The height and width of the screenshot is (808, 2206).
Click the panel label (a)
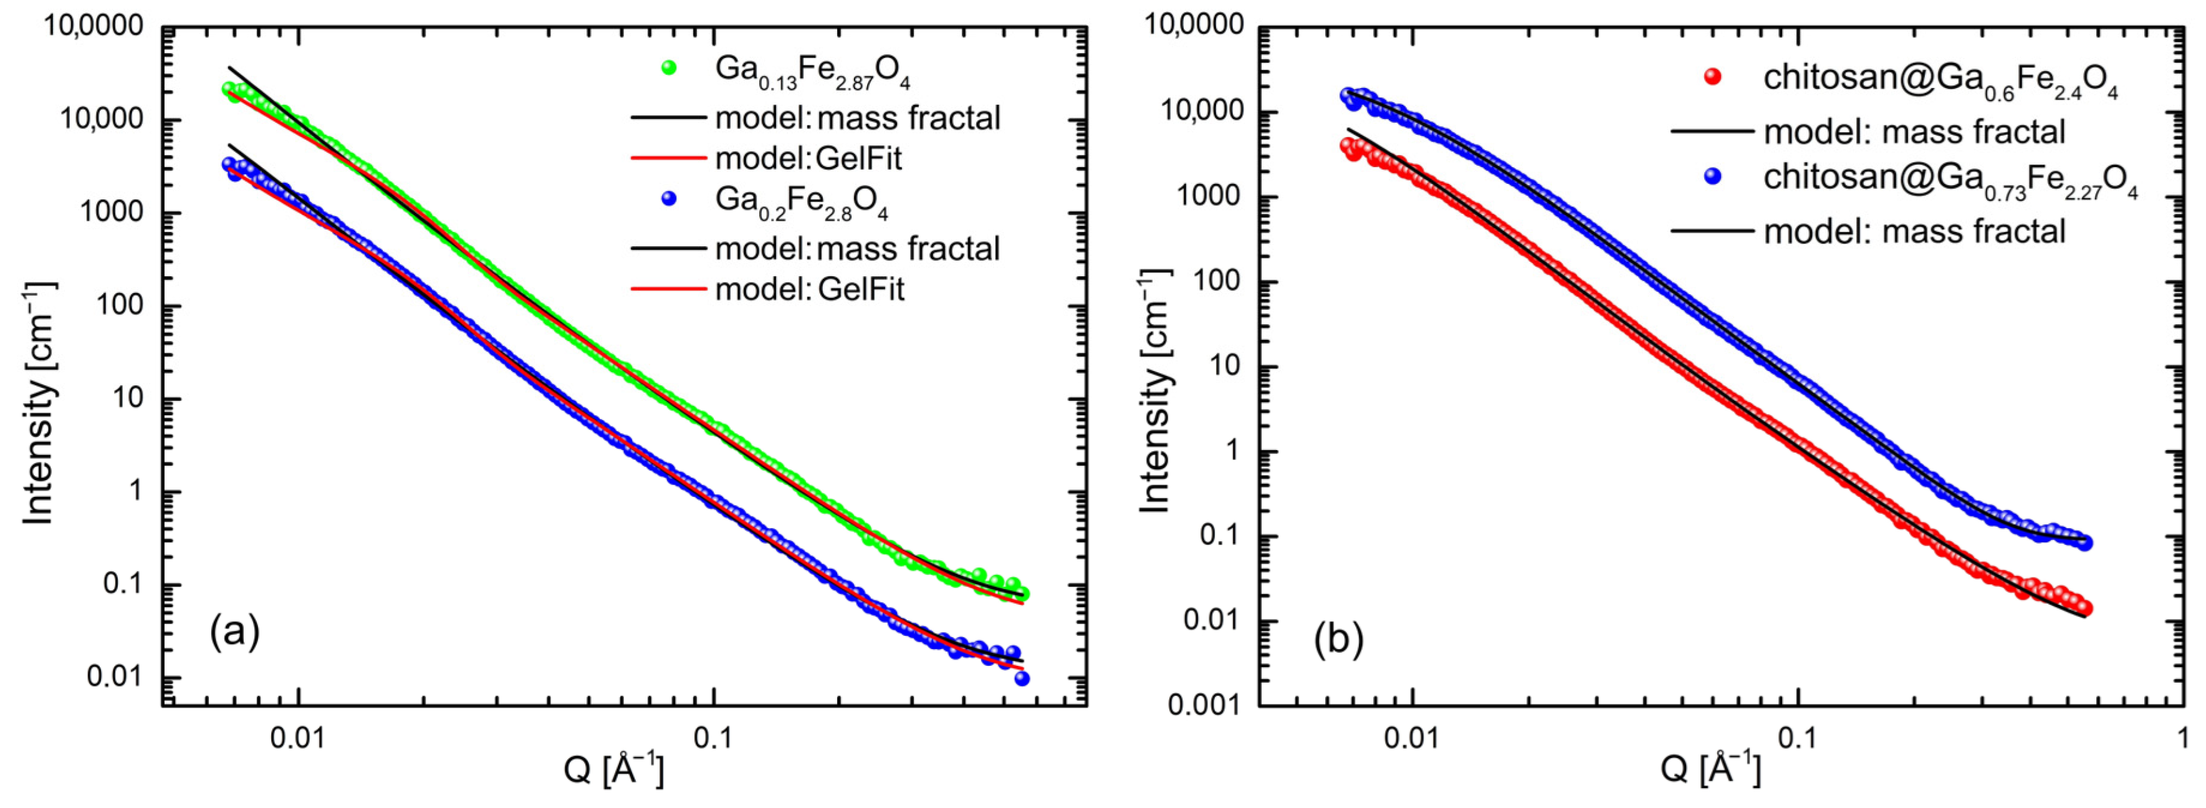coord(234,632)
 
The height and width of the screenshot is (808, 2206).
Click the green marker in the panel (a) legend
coord(669,67)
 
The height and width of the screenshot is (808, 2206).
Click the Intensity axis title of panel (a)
coord(39,403)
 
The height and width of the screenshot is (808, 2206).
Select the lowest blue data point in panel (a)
coord(1022,678)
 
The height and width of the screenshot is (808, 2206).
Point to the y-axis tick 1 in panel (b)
coord(1232,451)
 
